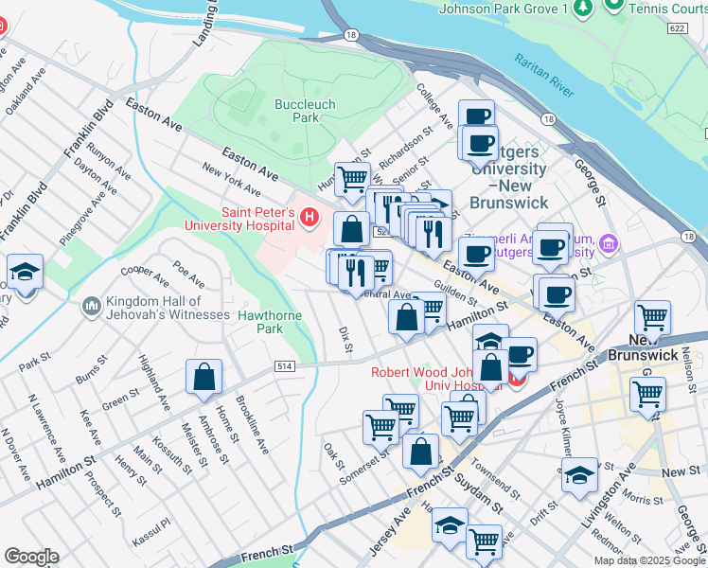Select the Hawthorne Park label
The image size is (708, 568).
(x=260, y=322)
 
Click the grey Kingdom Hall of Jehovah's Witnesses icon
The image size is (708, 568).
(x=92, y=306)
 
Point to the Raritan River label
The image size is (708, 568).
(x=544, y=75)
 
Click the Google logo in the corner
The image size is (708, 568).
(x=31, y=557)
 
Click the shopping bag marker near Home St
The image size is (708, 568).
(x=204, y=379)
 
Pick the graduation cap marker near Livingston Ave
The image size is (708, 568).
(x=579, y=477)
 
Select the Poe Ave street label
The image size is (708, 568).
(x=188, y=275)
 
